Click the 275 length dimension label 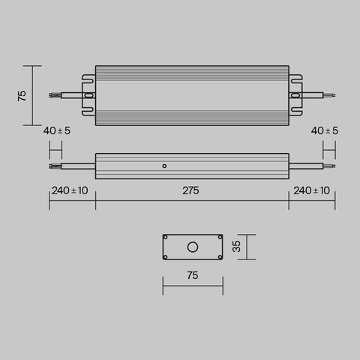tap(190, 190)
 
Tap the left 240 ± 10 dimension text tap(70, 190)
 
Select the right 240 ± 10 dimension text tap(311, 190)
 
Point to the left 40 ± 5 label tap(57, 130)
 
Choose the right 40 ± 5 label tap(324, 130)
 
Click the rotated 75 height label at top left tap(22, 95)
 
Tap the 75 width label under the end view tap(192, 276)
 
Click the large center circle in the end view tap(193, 246)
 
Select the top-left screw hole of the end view tap(166, 238)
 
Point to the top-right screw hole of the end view tap(218, 238)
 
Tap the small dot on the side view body tap(164, 165)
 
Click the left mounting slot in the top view tap(88, 95)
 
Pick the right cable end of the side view tap(330, 165)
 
